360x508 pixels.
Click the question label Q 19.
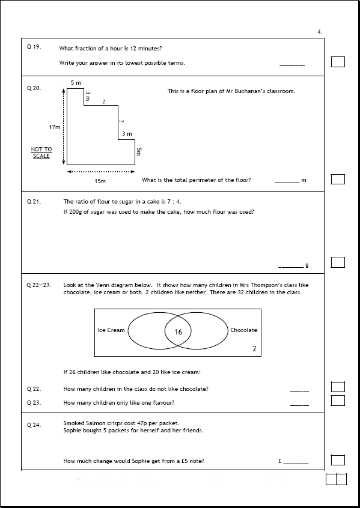[34, 47]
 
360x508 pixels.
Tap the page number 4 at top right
[320, 31]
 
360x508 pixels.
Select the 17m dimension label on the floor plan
[55, 127]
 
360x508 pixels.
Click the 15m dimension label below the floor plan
[100, 181]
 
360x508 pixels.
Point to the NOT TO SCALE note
[41, 153]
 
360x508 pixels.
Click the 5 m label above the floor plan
[76, 83]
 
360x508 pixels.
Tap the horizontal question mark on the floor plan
[104, 101]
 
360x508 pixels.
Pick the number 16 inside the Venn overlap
[178, 331]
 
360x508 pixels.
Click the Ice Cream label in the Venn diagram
[111, 330]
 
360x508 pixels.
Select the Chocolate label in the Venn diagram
[243, 330]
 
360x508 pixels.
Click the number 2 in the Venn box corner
[254, 349]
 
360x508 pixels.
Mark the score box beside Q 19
[338, 62]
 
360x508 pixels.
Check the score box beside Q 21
[338, 262]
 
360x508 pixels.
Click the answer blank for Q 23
[299, 405]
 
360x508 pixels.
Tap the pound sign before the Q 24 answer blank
[280, 461]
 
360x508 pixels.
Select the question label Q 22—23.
[39, 285]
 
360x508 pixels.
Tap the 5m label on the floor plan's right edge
[138, 151]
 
